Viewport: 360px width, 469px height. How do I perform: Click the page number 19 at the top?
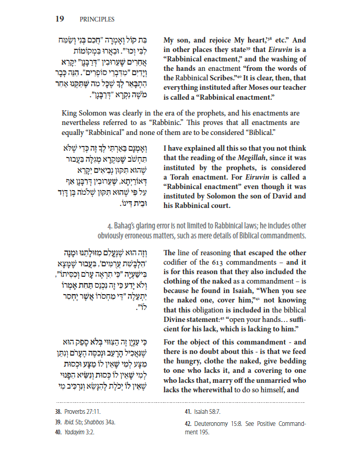[60, 19]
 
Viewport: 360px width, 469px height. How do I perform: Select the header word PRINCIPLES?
[97, 19]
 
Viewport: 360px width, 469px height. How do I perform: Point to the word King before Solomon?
[70, 113]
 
